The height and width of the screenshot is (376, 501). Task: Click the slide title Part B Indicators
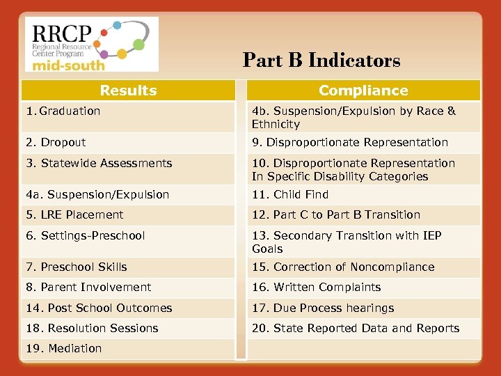coord(321,61)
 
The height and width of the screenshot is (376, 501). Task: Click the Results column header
coord(128,91)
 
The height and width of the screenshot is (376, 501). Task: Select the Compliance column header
coord(363,91)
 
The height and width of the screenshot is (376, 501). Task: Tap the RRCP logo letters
coord(61,33)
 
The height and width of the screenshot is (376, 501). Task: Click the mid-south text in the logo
coord(65,65)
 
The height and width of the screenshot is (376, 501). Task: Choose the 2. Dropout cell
coord(56,143)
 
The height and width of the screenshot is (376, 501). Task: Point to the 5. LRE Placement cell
coord(75,215)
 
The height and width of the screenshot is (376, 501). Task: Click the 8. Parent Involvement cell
coord(89,288)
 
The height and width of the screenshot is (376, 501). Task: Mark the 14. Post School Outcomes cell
coord(100,308)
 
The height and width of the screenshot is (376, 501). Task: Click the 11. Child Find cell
coord(290,195)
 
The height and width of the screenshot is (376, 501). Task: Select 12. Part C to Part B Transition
coord(336,215)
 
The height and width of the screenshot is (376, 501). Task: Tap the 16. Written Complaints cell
coord(317,288)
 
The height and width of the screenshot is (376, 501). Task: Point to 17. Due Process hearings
coord(323,308)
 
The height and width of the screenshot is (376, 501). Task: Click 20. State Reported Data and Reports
coord(356,329)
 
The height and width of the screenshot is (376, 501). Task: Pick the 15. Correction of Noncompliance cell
coord(343,267)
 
